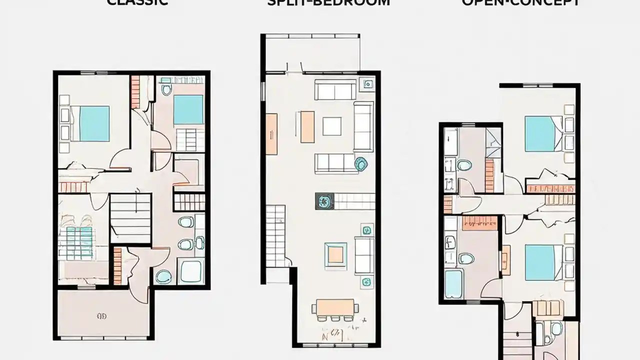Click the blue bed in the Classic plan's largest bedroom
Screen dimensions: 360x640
(x=94, y=123)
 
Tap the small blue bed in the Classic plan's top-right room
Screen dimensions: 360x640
(x=188, y=109)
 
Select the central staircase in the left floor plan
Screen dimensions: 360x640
(x=130, y=218)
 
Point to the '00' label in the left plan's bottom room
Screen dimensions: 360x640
(x=102, y=316)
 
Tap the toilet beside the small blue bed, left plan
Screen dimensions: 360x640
(x=166, y=89)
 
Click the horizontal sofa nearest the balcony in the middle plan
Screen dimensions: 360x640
(x=335, y=89)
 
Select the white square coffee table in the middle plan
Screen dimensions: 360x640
(x=332, y=126)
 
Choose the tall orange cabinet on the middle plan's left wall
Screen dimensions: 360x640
(x=271, y=133)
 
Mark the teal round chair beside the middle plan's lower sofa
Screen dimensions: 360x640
(x=360, y=163)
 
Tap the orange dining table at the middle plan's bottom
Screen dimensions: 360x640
(x=335, y=306)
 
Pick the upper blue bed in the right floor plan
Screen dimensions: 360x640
(x=540, y=133)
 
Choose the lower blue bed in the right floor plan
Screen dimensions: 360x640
(x=540, y=262)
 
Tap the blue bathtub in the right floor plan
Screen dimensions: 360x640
(x=453, y=283)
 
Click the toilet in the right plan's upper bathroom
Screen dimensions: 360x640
(x=464, y=165)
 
